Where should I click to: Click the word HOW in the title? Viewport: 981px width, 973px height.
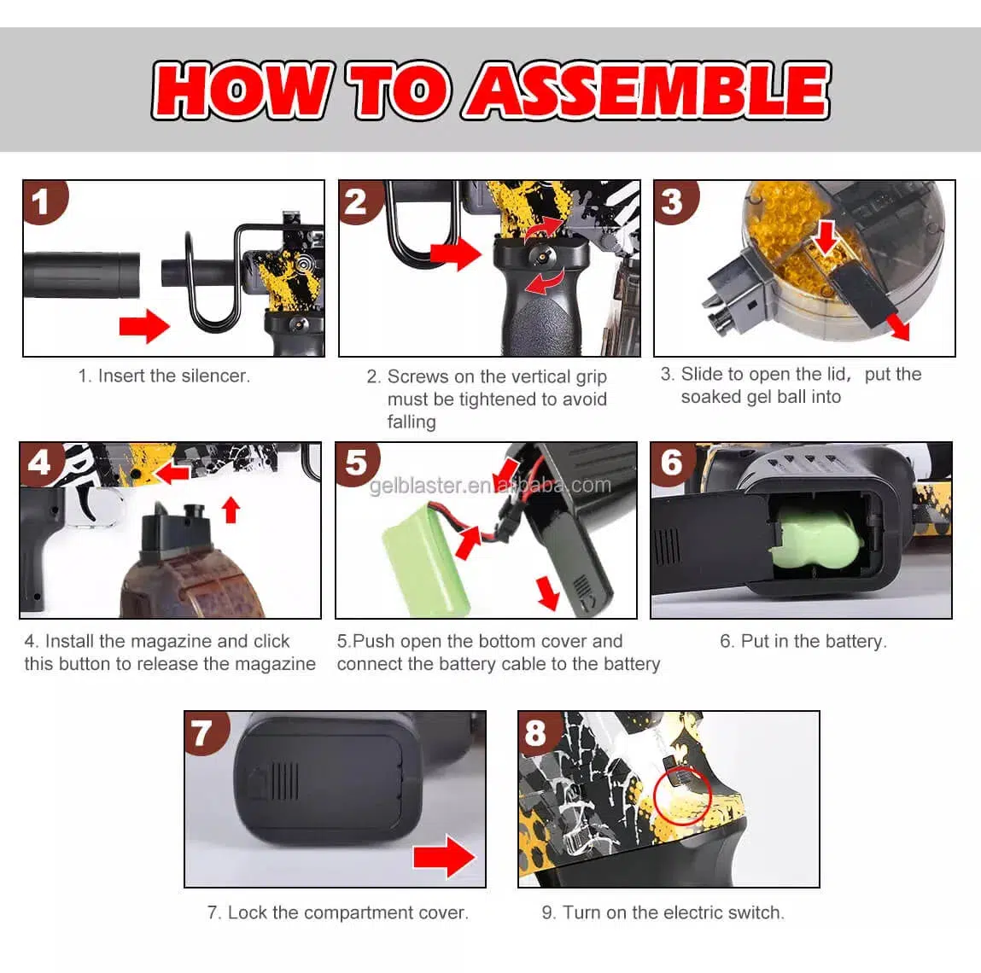coord(242,90)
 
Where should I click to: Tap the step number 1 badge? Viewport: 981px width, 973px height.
coord(41,202)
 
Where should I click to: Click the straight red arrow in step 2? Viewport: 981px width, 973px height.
coord(455,253)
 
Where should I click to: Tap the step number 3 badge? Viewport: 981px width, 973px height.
coord(673,202)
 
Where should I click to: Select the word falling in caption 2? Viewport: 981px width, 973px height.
coord(412,422)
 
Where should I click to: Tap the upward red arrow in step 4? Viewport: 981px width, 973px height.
coord(231,510)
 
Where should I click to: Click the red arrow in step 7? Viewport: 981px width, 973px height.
coord(444,855)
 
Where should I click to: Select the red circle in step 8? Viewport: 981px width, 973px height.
coord(683,795)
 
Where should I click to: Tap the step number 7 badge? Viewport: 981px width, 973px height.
coord(201,732)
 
